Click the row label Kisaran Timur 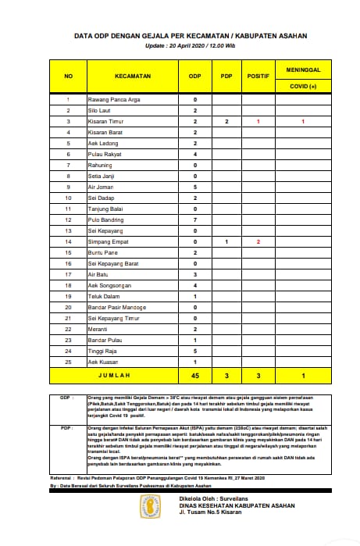coord(109,123)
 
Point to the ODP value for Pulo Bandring coord(194,220)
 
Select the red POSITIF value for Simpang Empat coord(258,242)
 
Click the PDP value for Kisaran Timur coord(226,123)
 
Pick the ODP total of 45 coord(194,376)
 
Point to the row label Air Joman coord(103,187)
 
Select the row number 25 coord(68,362)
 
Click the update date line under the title coord(179,45)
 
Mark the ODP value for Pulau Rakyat coord(194,155)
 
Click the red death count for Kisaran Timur coord(301,123)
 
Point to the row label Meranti coord(99,330)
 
